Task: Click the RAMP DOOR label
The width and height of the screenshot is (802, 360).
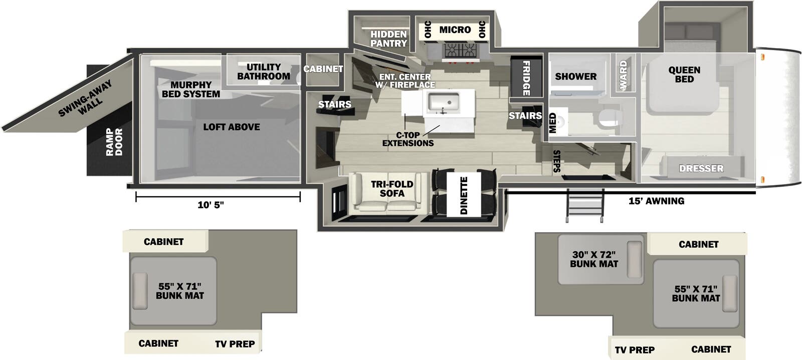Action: (x=114, y=142)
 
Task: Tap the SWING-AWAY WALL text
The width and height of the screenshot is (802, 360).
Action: (x=85, y=99)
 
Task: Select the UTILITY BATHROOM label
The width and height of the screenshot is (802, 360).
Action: (x=264, y=72)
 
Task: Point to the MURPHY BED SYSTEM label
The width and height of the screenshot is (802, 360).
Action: (x=191, y=89)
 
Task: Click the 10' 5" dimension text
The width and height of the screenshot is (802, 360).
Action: (x=211, y=205)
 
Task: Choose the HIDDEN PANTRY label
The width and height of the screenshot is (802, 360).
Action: (x=388, y=39)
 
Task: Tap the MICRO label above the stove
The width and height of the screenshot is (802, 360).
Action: (x=455, y=30)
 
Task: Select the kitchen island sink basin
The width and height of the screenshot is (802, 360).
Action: (x=443, y=102)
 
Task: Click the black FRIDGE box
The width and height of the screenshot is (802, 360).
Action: (x=526, y=78)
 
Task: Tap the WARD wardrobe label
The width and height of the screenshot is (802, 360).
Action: (x=624, y=75)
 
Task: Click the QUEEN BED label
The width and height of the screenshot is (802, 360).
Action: (x=684, y=75)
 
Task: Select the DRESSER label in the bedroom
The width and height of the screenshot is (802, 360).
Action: (x=701, y=168)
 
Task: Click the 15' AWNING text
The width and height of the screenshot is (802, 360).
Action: (x=656, y=201)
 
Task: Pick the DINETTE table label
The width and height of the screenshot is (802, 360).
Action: (x=464, y=195)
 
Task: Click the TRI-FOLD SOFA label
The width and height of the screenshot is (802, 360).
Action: (x=392, y=189)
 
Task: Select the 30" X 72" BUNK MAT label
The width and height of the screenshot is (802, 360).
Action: (x=594, y=259)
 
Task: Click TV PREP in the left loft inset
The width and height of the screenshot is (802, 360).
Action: (x=235, y=344)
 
